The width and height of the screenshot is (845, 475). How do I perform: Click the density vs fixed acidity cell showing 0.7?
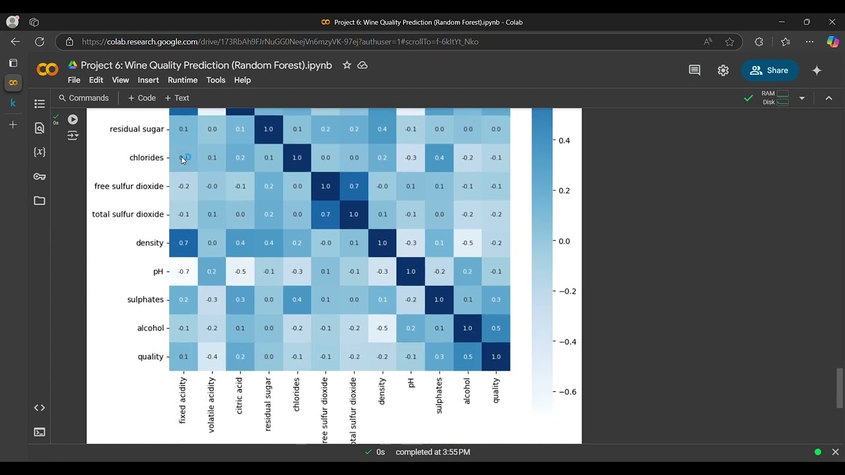[184, 243]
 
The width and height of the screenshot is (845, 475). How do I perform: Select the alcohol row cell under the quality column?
[496, 328]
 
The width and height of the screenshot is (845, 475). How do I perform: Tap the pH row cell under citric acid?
[240, 271]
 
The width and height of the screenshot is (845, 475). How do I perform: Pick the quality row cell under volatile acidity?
[212, 356]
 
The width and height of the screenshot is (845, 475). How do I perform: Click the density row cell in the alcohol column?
[467, 243]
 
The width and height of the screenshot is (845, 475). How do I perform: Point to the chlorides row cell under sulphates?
[439, 158]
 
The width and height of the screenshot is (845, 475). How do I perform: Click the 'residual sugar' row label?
[137, 129]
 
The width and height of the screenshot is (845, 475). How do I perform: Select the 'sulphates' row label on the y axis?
[145, 300]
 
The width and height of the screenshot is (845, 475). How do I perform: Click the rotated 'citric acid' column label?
[240, 396]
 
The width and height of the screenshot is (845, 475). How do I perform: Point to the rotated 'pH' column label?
[411, 383]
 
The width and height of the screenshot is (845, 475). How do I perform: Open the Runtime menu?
[182, 80]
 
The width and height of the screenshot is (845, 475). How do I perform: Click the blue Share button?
[769, 71]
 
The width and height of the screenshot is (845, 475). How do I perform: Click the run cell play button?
[73, 119]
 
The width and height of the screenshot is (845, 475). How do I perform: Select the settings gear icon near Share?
[724, 71]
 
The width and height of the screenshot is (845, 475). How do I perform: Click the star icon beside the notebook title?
[347, 65]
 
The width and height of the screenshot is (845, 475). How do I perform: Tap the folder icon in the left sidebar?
[40, 201]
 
